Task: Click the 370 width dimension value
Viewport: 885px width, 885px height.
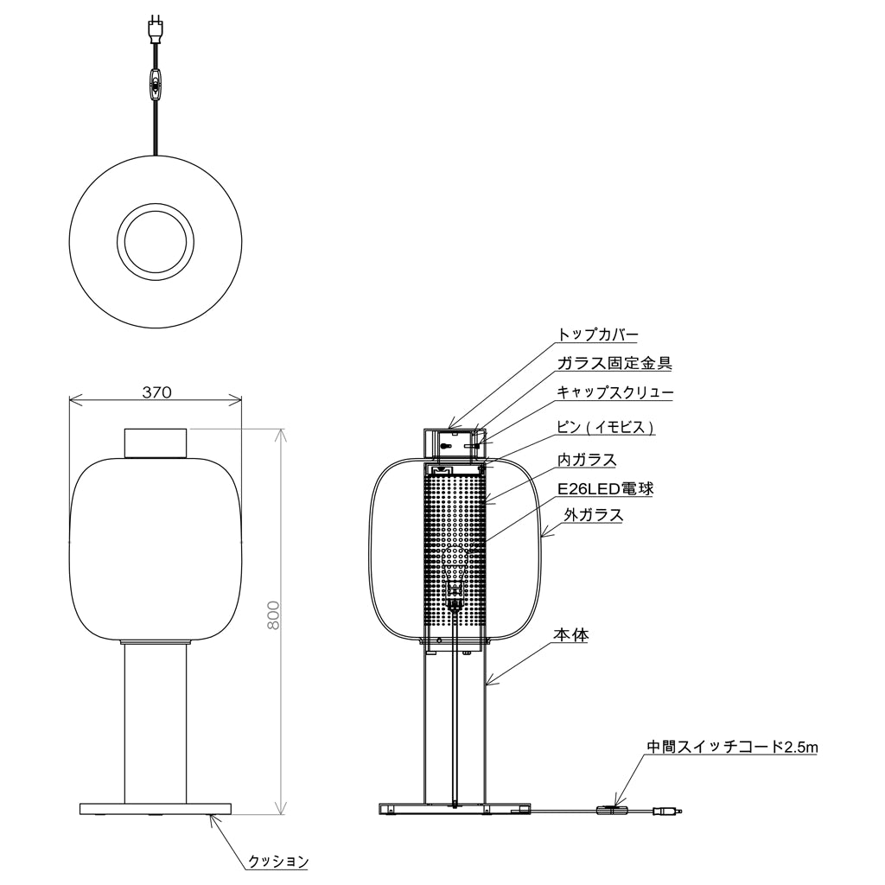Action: coord(156,392)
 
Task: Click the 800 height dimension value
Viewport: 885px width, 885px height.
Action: coord(273,615)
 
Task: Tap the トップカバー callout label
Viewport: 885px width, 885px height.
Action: coord(598,334)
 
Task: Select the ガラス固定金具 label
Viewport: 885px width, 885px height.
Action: coord(614,363)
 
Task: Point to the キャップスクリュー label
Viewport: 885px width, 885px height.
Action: coord(614,392)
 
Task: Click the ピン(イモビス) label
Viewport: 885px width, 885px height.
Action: coord(606,427)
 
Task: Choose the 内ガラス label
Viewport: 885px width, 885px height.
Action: coord(587,460)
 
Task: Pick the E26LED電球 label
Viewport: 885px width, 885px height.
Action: coord(606,488)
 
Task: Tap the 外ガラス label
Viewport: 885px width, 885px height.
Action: coord(593,515)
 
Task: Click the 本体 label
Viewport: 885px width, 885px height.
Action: coord(571,635)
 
